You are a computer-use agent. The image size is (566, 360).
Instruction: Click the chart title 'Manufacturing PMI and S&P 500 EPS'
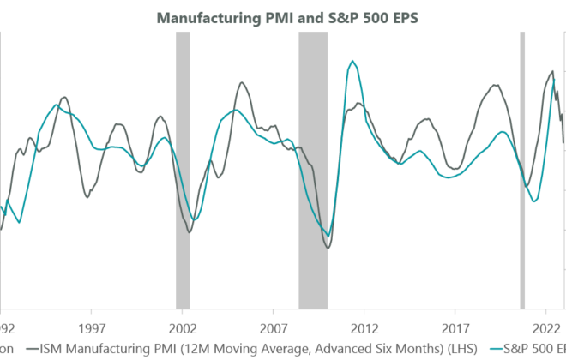[283, 16]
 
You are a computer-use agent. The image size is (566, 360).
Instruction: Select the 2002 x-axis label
[182, 327]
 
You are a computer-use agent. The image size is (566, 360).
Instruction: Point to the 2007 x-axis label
[273, 327]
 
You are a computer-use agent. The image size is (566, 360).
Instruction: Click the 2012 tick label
[364, 327]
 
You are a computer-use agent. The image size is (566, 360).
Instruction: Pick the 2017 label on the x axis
[455, 327]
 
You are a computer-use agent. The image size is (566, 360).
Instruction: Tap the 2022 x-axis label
[545, 327]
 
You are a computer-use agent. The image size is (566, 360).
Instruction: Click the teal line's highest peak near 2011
[351, 62]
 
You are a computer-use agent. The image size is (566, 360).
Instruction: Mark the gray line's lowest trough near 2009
[328, 249]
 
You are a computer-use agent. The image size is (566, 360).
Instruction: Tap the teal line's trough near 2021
[534, 201]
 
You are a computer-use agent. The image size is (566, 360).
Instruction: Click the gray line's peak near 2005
[243, 83]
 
